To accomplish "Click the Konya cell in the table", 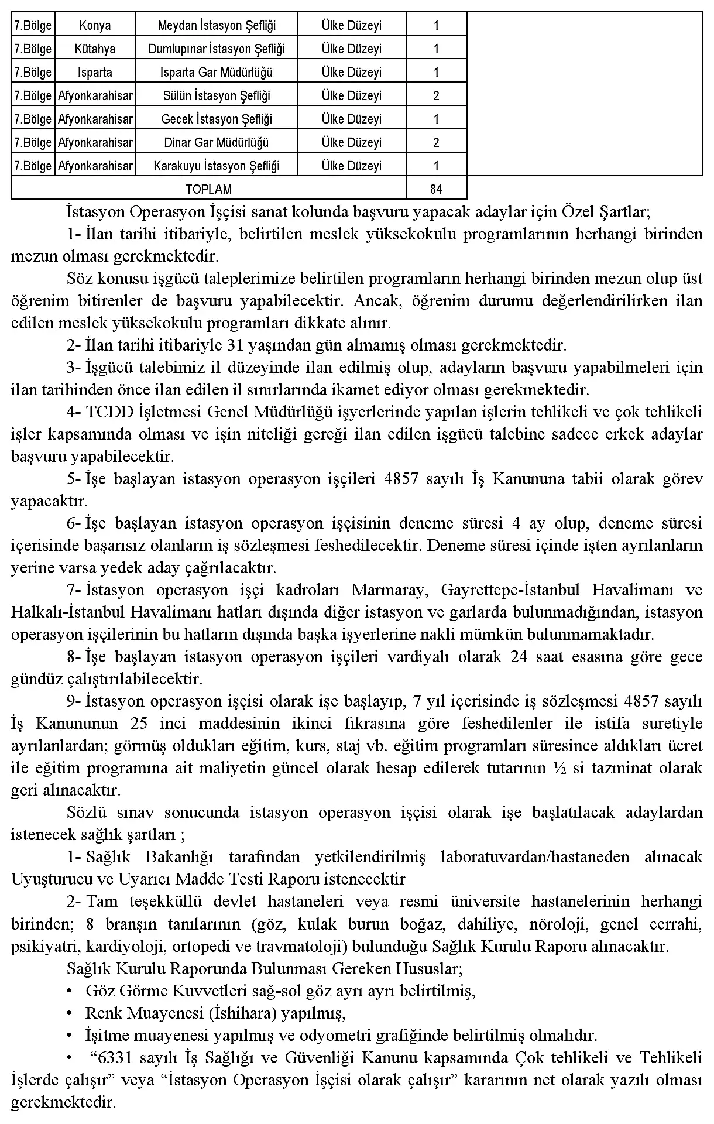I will [95, 25].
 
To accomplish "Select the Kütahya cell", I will [95, 49].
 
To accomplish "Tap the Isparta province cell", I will [95, 72].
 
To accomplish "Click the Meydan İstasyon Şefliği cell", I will [217, 25].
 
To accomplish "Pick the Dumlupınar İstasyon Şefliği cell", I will [217, 49].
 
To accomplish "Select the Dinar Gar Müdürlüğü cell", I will [217, 142].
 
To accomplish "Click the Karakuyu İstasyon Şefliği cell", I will [217, 166].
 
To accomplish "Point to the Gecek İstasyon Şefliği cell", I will [217, 119].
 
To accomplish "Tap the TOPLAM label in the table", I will [208, 189].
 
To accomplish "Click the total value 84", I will [436, 189].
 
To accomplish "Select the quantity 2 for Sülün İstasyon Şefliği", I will [436, 95].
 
